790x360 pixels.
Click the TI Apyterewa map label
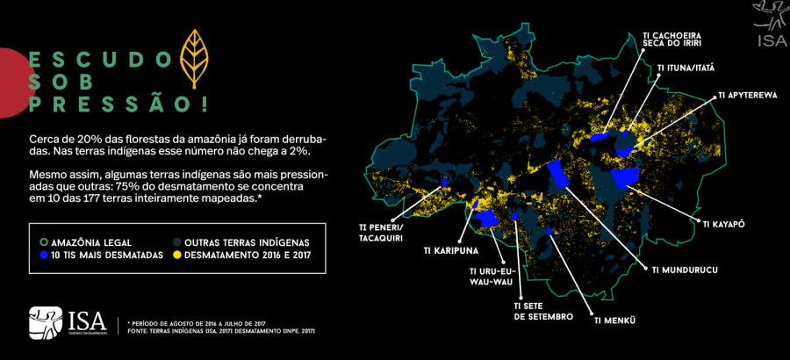pyautogui.click(x=747, y=95)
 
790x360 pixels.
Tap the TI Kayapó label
pyautogui.click(x=723, y=224)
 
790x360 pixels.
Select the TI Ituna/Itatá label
pyautogui.click(x=686, y=67)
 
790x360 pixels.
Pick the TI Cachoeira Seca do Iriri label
pyautogui.click(x=671, y=41)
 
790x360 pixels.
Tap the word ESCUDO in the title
pyautogui.click(x=100, y=60)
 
